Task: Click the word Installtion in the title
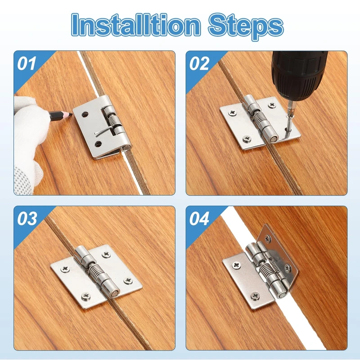pos(136,25)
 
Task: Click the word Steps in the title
pos(246,27)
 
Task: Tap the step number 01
pos(27,63)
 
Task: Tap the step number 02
pos(199,63)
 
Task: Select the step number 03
pos(27,218)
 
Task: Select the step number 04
pos(199,218)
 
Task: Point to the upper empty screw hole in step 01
pos(85,114)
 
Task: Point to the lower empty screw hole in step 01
pos(98,144)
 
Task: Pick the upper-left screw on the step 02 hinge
pos(233,113)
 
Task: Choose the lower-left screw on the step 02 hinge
pos(247,139)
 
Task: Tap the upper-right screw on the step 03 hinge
pos(106,254)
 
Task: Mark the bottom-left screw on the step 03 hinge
pos(86,296)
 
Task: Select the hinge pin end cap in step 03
pos(114,293)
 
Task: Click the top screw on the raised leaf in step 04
pos(268,239)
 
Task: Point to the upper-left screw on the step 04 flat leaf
pos(236,265)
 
